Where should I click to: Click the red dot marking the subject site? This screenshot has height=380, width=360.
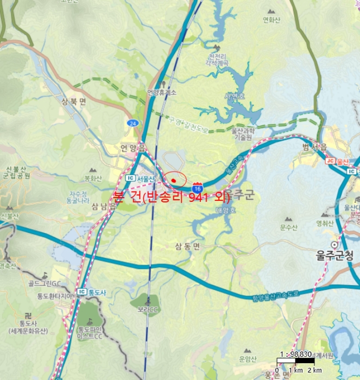pyautogui.click(x=173, y=180)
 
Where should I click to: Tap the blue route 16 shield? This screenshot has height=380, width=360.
pyautogui.click(x=198, y=186)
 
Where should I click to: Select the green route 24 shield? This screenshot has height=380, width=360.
pyautogui.click(x=133, y=123)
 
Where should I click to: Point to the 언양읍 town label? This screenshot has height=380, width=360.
pyautogui.click(x=133, y=148)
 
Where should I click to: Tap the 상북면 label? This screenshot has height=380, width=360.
pyautogui.click(x=73, y=102)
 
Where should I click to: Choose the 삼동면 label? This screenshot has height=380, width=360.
pyautogui.click(x=187, y=246)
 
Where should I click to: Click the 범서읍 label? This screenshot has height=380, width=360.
pyautogui.click(x=315, y=148)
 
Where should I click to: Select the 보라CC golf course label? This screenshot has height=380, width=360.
pyautogui.click(x=148, y=309)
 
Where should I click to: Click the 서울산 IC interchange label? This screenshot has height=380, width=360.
pyautogui.click(x=141, y=179)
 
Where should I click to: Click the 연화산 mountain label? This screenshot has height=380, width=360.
pyautogui.click(x=271, y=20)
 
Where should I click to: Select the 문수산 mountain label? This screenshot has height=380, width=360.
pyautogui.click(x=288, y=227)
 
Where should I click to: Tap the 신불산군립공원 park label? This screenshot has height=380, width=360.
pyautogui.click(x=16, y=172)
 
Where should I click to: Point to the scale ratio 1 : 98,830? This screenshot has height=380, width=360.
pyautogui.click(x=296, y=354)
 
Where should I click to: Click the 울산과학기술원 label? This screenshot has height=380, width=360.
pyautogui.click(x=243, y=134)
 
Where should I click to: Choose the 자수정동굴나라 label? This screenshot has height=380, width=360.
pyautogui.click(x=78, y=197)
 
